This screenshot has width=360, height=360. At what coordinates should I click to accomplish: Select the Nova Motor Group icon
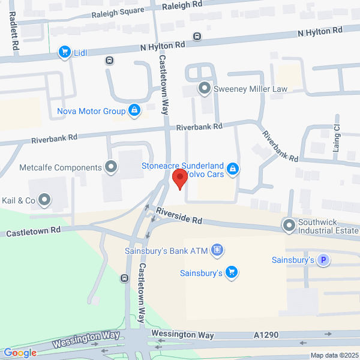pos(135,110)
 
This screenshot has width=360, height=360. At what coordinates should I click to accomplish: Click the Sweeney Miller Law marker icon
pos(205,89)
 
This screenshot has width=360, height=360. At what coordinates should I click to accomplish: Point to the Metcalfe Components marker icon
pos(110,167)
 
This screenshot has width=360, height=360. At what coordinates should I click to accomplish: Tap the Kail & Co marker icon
pos(44,199)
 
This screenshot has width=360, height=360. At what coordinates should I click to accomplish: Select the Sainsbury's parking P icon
pos(323,260)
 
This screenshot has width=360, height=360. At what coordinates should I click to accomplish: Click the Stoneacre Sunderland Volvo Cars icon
pos(232,170)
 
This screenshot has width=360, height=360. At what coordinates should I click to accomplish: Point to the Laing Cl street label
pos(337,138)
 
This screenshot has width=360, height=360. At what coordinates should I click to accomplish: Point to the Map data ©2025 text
pos(333,355)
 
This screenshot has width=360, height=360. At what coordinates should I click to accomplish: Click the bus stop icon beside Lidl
pos(109,60)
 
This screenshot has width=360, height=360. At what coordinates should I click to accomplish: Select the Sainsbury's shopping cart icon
pos(231,273)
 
